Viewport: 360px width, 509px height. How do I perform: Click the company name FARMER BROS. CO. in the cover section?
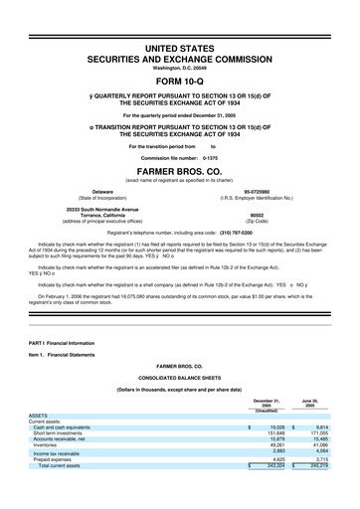tap(180, 168)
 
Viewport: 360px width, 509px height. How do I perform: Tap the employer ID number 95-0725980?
tap(258, 189)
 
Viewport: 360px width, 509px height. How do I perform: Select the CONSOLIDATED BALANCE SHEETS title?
tap(180, 378)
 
